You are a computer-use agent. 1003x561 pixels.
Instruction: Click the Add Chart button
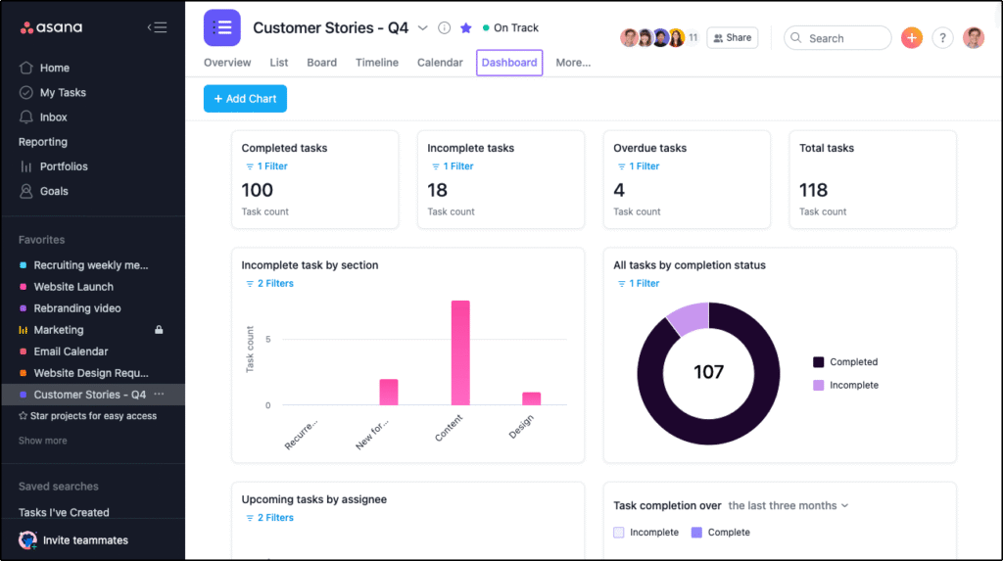tap(245, 99)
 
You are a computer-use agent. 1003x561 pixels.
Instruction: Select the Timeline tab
tap(377, 63)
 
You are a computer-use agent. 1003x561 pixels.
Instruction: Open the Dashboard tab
tap(509, 63)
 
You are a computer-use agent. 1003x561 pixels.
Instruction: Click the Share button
tap(733, 38)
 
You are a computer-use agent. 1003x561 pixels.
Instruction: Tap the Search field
tap(837, 38)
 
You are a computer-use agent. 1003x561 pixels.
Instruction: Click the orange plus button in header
tap(912, 38)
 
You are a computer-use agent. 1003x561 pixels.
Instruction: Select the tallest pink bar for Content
tap(460, 352)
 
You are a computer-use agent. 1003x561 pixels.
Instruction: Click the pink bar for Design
tap(531, 398)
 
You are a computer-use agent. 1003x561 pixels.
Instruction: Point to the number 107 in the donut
tap(708, 372)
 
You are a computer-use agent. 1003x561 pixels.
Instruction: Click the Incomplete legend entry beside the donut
tap(853, 386)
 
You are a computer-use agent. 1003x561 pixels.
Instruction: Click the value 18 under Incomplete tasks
tap(438, 190)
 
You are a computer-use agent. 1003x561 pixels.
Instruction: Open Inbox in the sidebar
tap(54, 117)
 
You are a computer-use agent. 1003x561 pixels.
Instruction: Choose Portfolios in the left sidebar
tap(64, 166)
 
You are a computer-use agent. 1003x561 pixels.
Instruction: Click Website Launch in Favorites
tap(73, 287)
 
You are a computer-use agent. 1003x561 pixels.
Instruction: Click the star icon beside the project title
tap(466, 28)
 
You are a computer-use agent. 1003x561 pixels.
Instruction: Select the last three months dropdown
tap(788, 506)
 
